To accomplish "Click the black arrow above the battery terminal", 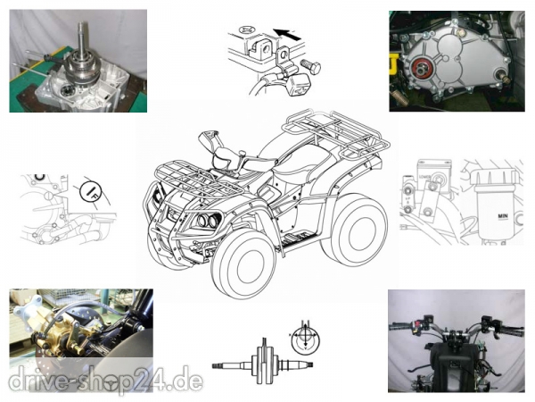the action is coord(287,34).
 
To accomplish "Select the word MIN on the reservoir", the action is coord(503,216).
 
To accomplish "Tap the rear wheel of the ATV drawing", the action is coord(355,228).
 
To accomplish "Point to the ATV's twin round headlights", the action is coord(207,220).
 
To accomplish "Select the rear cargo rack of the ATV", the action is coord(336,131).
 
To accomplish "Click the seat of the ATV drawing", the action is coord(305,160).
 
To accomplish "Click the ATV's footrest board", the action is coord(298,237).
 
